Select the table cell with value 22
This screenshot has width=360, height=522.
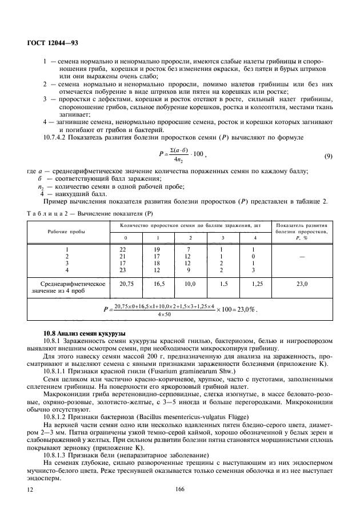[122, 249]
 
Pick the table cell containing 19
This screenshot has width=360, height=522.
[158, 249]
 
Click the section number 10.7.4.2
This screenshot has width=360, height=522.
[57, 138]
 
